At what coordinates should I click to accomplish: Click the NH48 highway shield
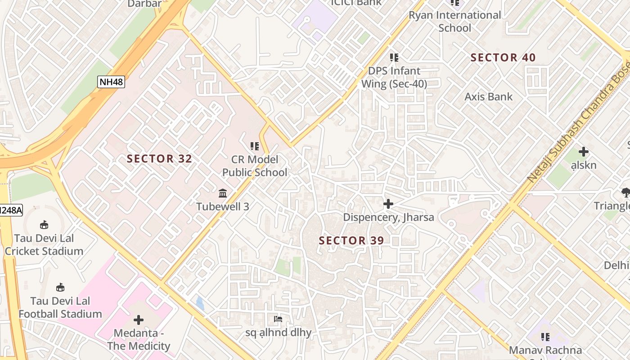click(111, 82)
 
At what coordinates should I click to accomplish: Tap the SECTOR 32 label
click(159, 159)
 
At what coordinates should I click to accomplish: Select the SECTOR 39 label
click(351, 241)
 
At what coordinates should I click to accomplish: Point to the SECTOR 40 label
click(503, 58)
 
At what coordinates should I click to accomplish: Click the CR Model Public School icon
click(255, 146)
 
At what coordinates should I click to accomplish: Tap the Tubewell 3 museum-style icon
click(223, 193)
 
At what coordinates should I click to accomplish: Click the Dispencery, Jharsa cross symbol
click(388, 204)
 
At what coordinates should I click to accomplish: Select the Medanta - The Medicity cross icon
click(139, 320)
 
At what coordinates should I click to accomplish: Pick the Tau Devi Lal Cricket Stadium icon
click(44, 225)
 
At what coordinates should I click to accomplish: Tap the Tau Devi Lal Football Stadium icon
click(60, 287)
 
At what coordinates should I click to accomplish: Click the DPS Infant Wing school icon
click(394, 58)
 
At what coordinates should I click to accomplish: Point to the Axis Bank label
click(488, 97)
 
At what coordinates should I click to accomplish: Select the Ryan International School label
click(454, 22)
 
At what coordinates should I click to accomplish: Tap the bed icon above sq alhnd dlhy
click(278, 319)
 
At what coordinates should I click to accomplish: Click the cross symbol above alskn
click(584, 152)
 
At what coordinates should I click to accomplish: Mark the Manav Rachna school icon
click(545, 337)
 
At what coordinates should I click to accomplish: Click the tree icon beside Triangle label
click(625, 193)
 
